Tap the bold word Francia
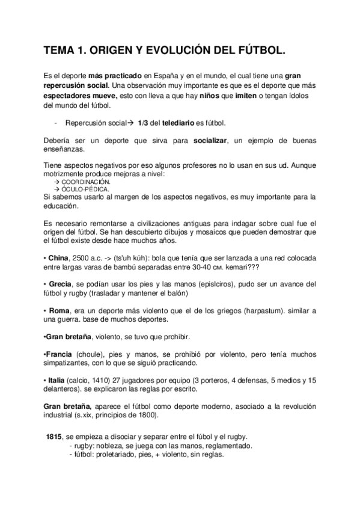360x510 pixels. point(60,355)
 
